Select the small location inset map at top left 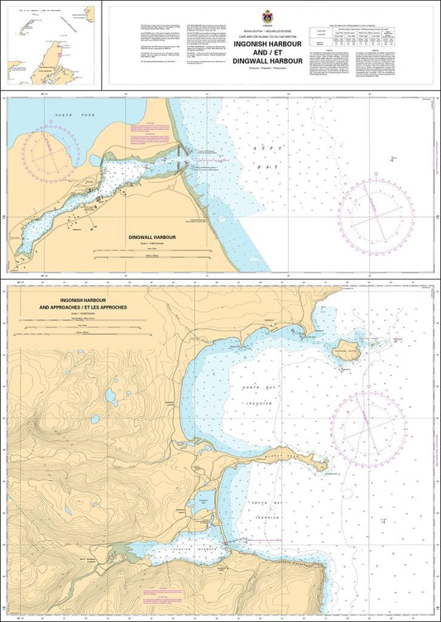coord(50,45)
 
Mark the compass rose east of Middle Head coord(368,428)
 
